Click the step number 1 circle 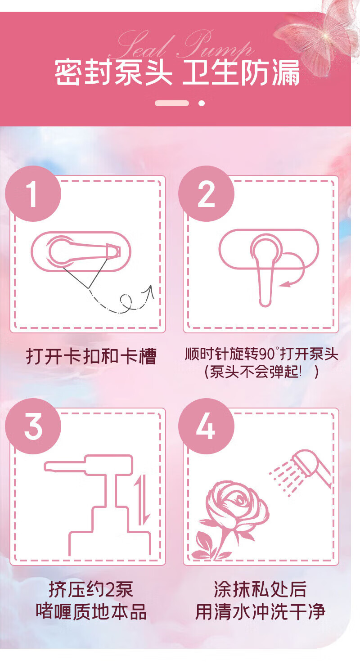pyautogui.click(x=33, y=193)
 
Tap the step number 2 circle pyautogui.click(x=206, y=193)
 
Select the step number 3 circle pyautogui.click(x=33, y=426)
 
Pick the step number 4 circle pyautogui.click(x=206, y=426)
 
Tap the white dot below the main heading pyautogui.click(x=202, y=103)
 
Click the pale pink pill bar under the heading pyautogui.click(x=172, y=103)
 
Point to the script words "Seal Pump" pyautogui.click(x=181, y=45)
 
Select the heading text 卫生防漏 pyautogui.click(x=240, y=72)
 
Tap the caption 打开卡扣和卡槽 pyautogui.click(x=91, y=356)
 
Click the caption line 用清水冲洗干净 pyautogui.click(x=260, y=612)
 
